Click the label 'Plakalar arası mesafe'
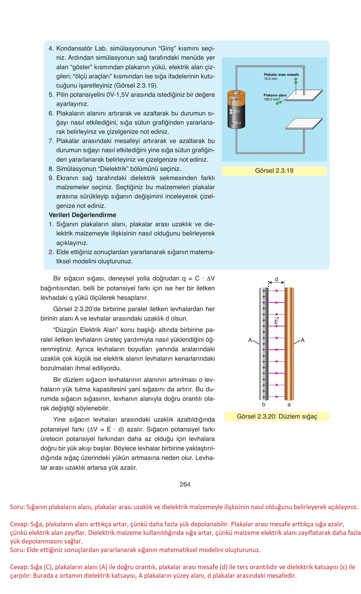tap(281, 75)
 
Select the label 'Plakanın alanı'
tap(275, 95)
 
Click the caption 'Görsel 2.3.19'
tap(274, 171)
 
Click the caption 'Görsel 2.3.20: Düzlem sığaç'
tap(277, 416)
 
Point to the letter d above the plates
tap(276, 279)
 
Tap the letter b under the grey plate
tap(264, 405)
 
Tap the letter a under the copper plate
tap(289, 405)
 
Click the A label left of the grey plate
tap(250, 340)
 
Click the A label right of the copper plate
tap(303, 340)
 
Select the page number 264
tap(185, 484)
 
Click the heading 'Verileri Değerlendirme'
tap(82, 215)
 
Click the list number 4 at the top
tap(51, 48)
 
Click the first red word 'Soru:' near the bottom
tap(17, 507)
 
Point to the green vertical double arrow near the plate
tap(296, 81)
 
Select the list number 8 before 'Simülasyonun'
tap(51, 169)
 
